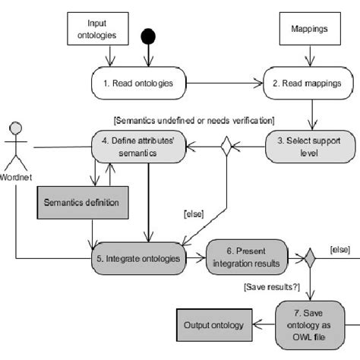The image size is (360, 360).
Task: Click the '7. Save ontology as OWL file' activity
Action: point(306,321)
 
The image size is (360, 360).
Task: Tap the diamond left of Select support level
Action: point(225,145)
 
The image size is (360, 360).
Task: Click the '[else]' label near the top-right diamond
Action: point(339,248)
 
